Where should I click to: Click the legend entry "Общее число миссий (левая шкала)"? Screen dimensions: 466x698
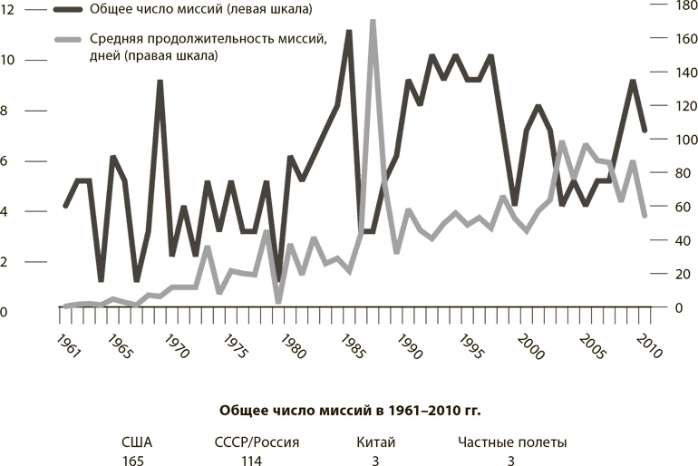(196, 10)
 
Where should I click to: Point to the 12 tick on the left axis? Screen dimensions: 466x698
(8, 10)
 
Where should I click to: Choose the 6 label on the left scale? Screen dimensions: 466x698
(5, 161)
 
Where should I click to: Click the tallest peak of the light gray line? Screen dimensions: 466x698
(373, 21)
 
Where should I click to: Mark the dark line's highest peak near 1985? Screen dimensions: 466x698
(349, 32)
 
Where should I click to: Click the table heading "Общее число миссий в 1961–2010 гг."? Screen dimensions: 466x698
(350, 410)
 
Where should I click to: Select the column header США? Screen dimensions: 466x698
(137, 442)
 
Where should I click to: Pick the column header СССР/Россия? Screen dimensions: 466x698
(251, 442)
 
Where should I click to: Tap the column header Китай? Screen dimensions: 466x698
(375, 442)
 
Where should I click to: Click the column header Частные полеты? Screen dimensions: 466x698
(512, 442)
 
